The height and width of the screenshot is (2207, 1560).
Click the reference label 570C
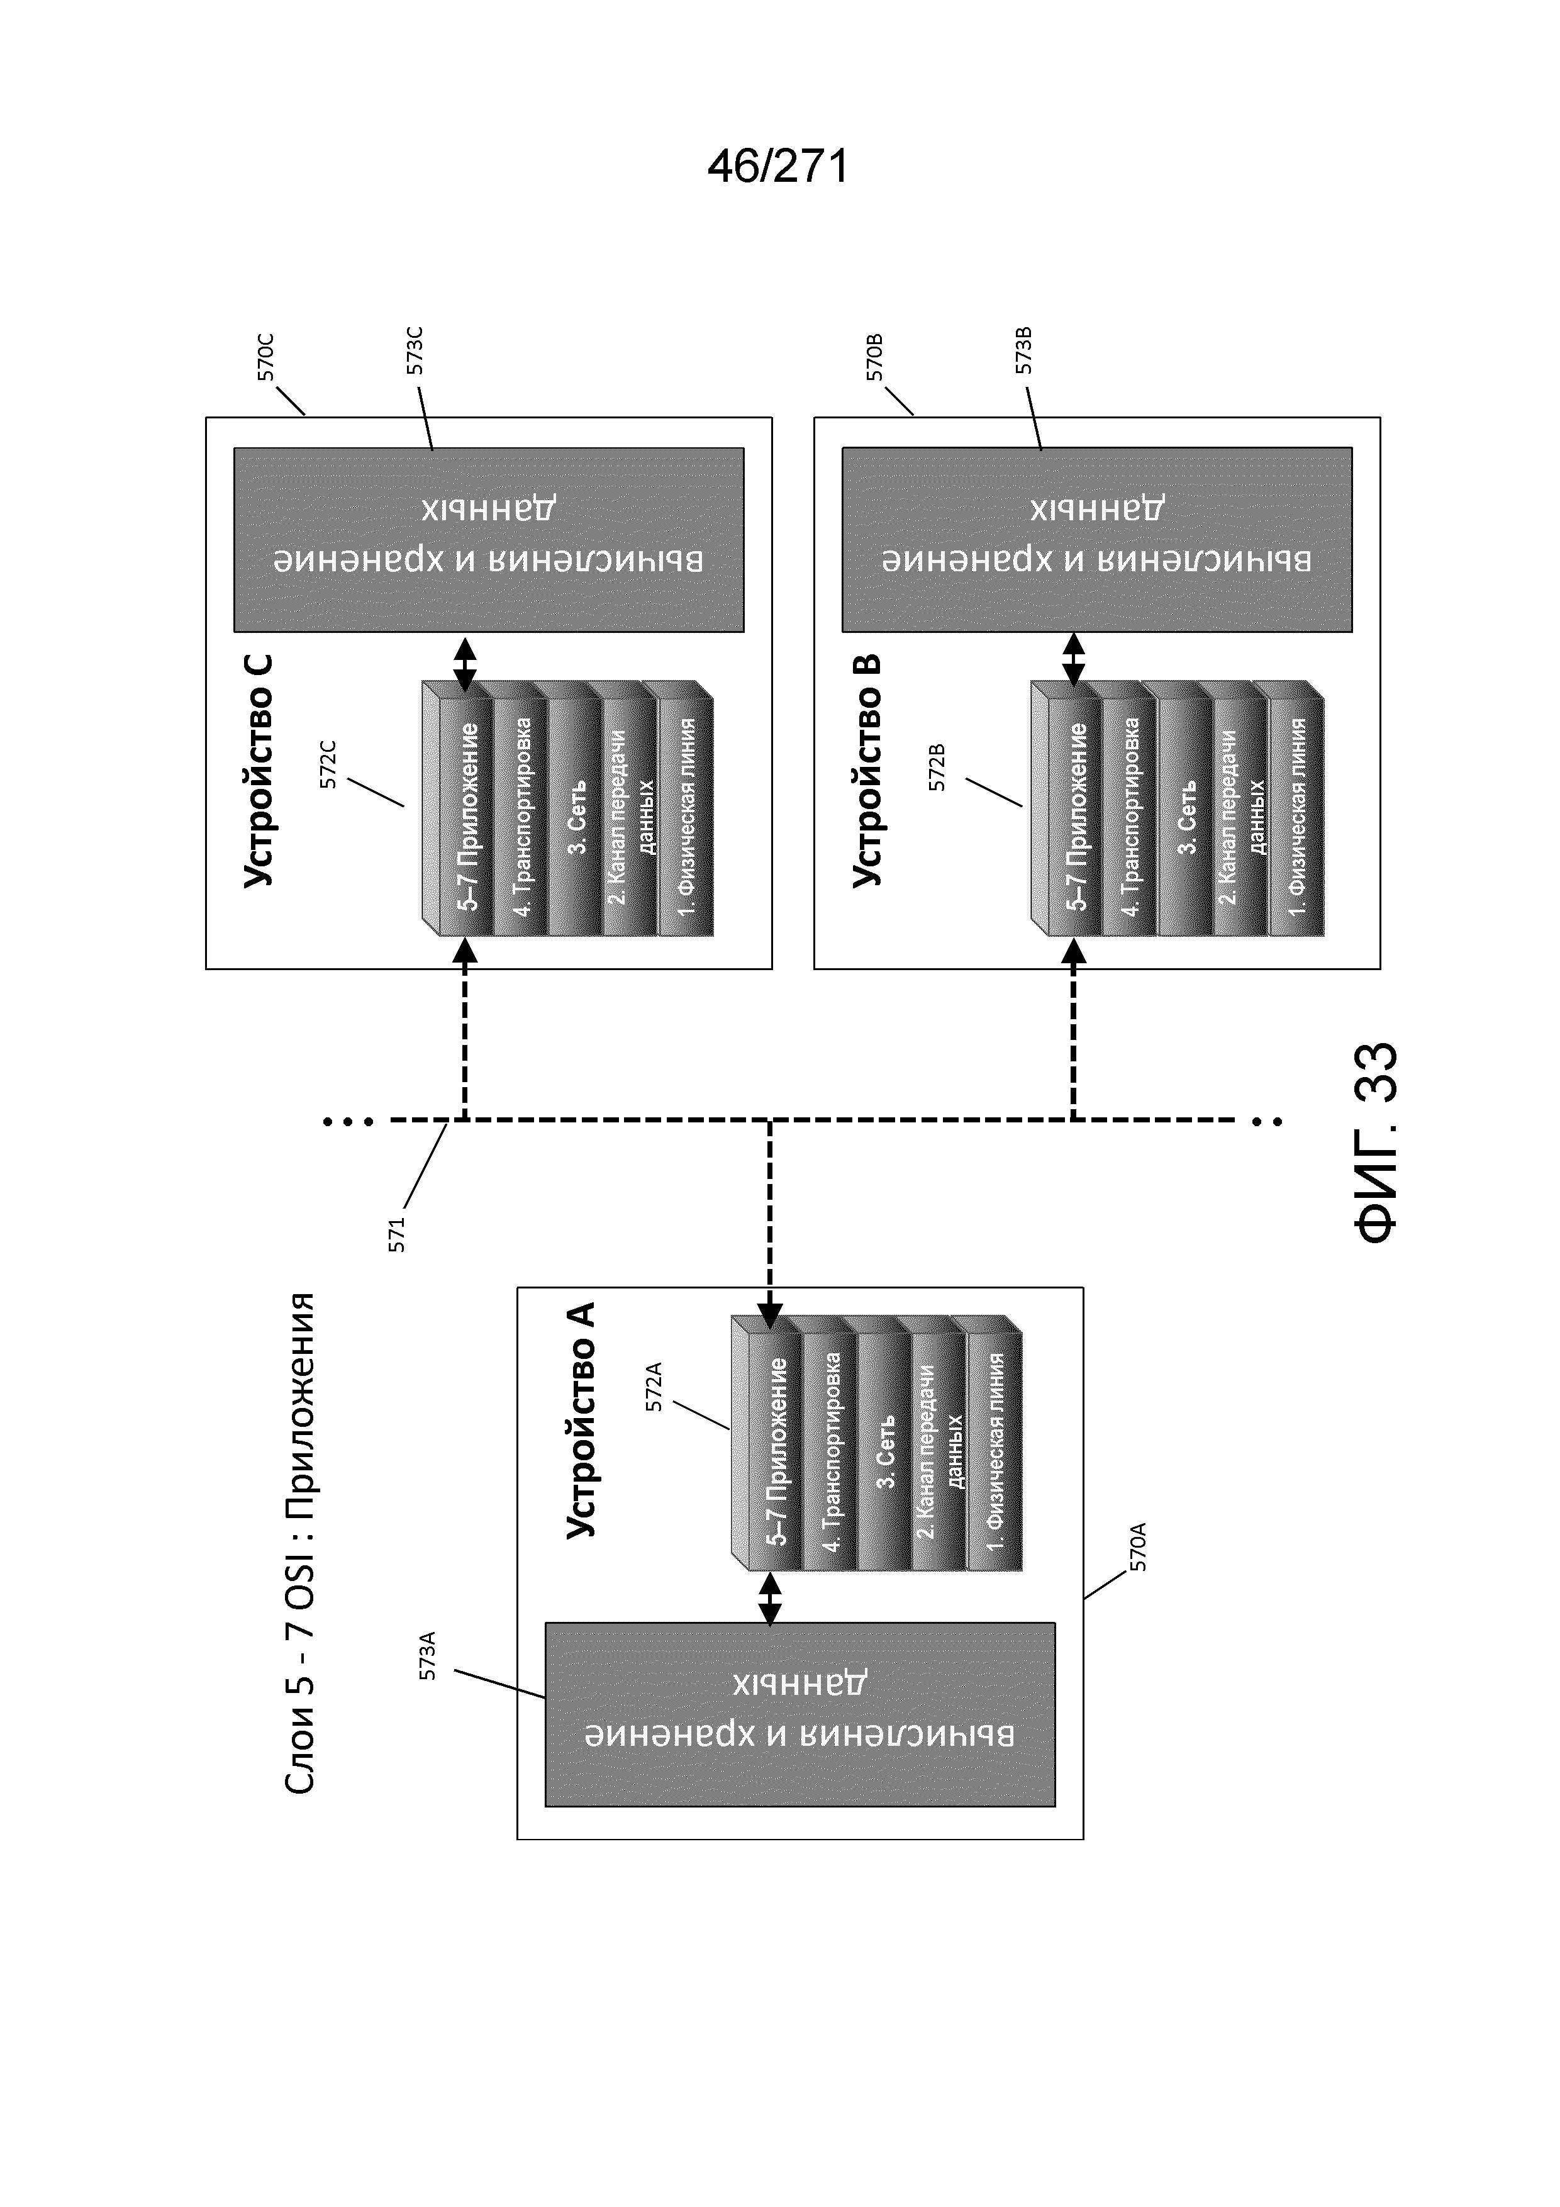point(266,357)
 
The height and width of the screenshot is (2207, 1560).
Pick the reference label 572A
point(655,1386)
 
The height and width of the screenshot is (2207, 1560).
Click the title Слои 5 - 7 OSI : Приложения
point(300,1543)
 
